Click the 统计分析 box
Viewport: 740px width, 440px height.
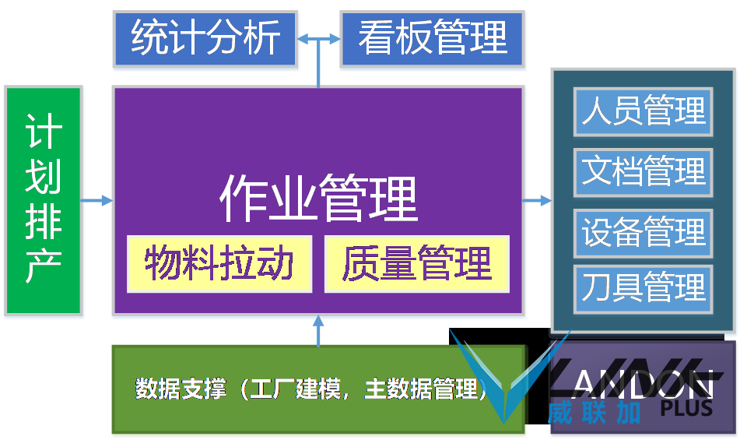click(x=205, y=39)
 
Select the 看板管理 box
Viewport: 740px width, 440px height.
click(x=433, y=39)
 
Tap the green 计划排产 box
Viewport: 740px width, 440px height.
click(x=44, y=201)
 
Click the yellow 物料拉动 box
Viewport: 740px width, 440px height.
click(x=219, y=264)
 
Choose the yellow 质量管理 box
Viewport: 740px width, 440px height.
click(x=417, y=264)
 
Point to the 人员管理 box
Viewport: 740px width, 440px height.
click(x=643, y=112)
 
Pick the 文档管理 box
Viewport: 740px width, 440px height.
click(x=643, y=172)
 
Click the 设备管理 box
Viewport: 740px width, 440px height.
click(x=643, y=233)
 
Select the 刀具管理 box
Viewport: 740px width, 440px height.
click(x=643, y=289)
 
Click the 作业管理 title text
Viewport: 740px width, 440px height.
click(x=319, y=199)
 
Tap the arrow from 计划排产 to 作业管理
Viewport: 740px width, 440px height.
click(x=97, y=201)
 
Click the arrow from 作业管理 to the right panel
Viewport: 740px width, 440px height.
click(x=537, y=201)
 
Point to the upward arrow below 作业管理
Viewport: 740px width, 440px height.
click(x=318, y=330)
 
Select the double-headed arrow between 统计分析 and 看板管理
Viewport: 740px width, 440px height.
click(x=318, y=39)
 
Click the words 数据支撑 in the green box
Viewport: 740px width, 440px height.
click(x=181, y=389)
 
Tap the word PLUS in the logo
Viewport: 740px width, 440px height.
click(x=686, y=408)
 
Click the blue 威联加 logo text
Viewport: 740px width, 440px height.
click(x=594, y=413)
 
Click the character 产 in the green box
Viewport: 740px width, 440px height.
click(x=44, y=267)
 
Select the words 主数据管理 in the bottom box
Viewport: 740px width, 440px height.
click(x=422, y=389)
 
